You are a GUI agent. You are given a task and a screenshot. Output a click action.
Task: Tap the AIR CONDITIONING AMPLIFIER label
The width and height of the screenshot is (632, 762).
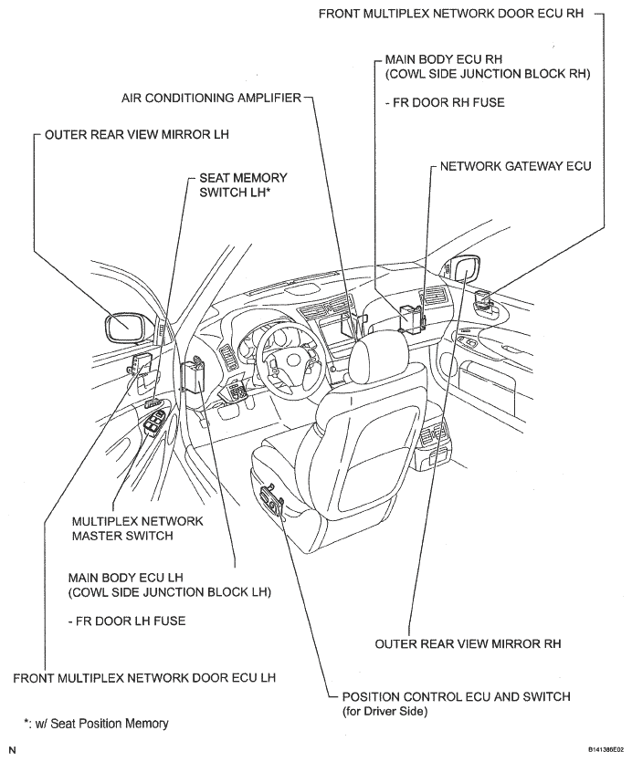(x=211, y=97)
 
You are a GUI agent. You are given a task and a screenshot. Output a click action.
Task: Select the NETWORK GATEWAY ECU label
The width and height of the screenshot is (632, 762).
(x=516, y=166)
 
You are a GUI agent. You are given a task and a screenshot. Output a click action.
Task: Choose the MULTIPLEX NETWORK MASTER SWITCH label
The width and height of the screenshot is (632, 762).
(x=137, y=527)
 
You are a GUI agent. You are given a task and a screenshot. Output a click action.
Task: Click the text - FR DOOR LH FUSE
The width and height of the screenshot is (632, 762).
(x=127, y=621)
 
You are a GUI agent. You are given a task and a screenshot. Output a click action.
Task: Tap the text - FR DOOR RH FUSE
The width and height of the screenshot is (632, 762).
(x=445, y=103)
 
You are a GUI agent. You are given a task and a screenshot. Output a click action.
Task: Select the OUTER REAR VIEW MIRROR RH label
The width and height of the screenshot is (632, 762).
(x=468, y=643)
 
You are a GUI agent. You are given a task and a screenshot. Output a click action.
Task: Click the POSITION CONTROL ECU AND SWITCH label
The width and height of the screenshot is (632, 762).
(x=456, y=696)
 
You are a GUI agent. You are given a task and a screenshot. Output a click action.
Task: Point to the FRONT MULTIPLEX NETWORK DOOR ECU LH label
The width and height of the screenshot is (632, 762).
(x=144, y=678)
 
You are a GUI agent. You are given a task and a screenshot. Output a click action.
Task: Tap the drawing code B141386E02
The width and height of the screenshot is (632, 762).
(x=599, y=747)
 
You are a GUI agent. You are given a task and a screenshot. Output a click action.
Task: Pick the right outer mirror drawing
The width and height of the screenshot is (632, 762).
(x=463, y=271)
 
